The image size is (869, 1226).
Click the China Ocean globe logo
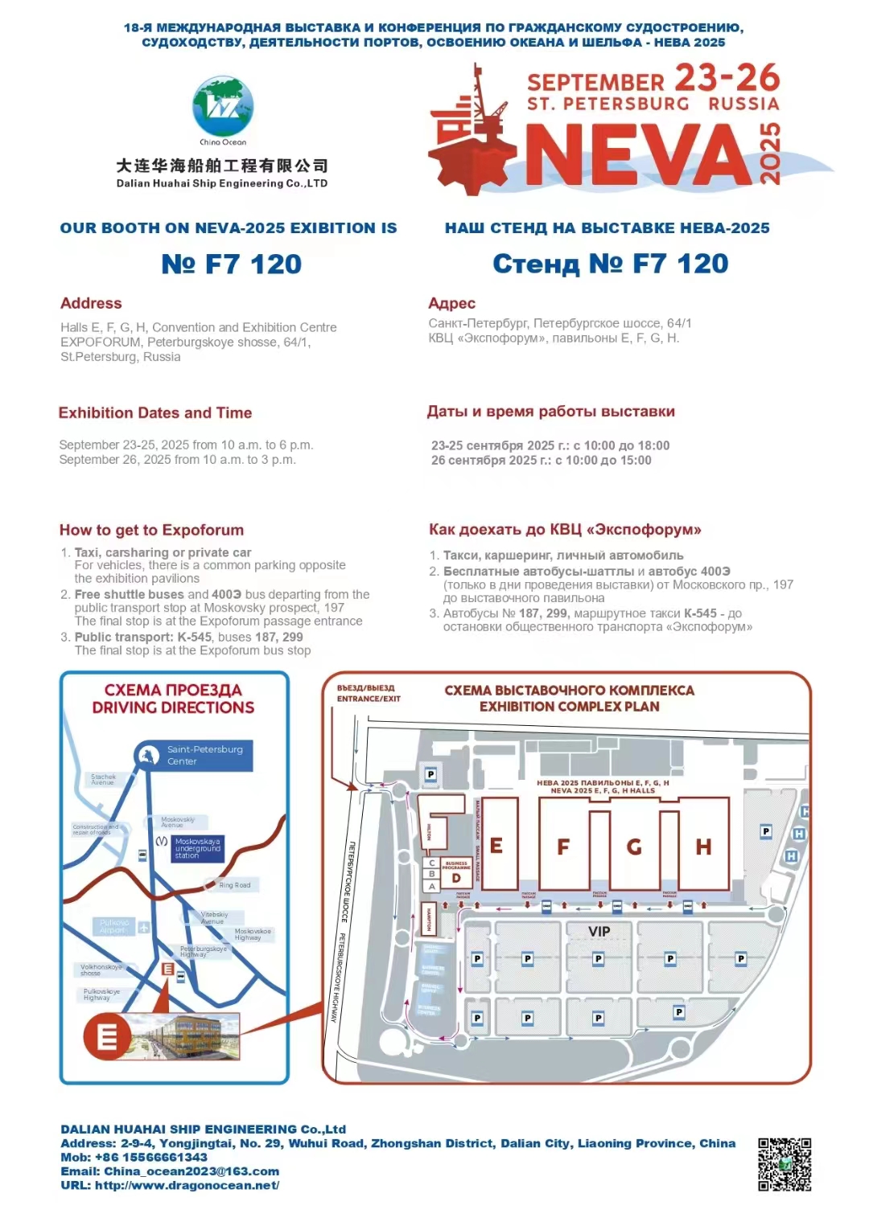[223, 108]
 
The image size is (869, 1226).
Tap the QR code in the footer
[785, 1164]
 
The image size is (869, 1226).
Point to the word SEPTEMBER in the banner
[595, 82]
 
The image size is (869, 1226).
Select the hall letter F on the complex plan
[563, 847]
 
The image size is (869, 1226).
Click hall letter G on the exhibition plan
[634, 847]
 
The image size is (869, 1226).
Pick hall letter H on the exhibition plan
[703, 847]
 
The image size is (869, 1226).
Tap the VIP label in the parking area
[599, 931]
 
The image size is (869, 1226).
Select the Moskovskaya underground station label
[197, 848]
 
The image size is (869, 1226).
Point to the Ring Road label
[235, 885]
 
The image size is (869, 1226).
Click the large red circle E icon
[107, 1035]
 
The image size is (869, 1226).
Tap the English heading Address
[91, 303]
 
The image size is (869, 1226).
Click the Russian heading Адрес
[451, 303]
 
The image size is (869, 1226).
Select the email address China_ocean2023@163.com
[192, 1171]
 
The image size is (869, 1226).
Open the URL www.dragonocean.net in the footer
[187, 1185]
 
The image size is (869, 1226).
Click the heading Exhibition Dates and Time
[155, 412]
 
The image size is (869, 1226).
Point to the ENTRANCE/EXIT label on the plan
[369, 699]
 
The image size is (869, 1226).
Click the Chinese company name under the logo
[222, 166]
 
